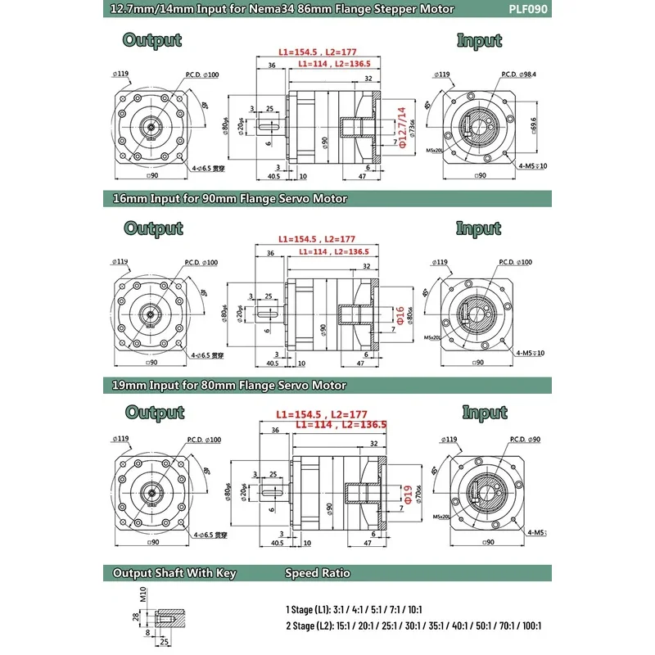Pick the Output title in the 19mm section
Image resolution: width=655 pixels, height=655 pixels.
[154, 413]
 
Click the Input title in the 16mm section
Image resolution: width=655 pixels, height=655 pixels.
[478, 228]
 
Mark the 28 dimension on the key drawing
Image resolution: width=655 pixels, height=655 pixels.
[136, 615]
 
